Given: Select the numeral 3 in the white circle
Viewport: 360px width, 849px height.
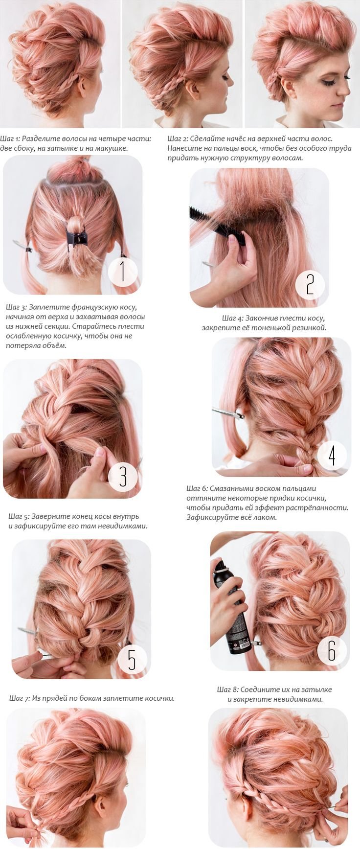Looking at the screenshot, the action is click(x=123, y=476).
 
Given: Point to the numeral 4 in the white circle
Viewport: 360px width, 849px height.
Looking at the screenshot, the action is click(x=332, y=455).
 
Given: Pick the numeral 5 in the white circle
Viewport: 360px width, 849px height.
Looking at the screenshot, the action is click(x=132, y=659).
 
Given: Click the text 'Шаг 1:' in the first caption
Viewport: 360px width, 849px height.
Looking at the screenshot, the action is click(x=11, y=139).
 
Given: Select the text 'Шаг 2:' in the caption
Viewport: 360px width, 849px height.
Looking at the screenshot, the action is click(x=177, y=139).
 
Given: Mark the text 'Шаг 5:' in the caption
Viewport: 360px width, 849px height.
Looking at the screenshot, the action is click(x=20, y=516).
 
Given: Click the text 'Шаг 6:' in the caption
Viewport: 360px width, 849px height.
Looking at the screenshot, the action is click(x=197, y=488).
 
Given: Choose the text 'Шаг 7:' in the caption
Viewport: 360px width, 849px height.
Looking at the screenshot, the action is click(x=20, y=698).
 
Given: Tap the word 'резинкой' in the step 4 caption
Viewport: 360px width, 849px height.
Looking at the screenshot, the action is click(x=310, y=328).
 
